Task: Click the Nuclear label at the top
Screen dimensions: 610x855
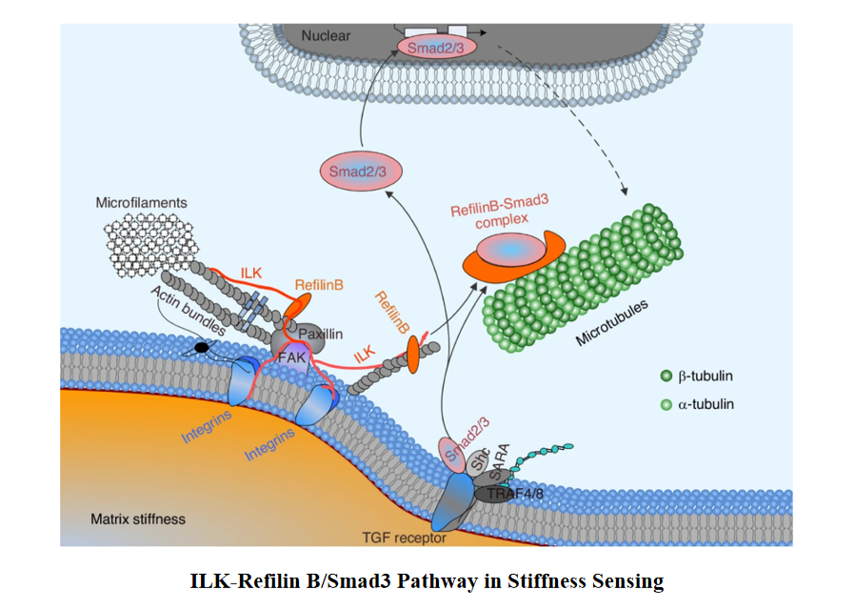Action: click(326, 36)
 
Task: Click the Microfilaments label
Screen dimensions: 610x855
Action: click(141, 203)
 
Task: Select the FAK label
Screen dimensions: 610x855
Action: click(289, 357)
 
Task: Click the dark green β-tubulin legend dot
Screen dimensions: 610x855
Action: click(666, 376)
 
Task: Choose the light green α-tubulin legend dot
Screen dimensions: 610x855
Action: click(666, 404)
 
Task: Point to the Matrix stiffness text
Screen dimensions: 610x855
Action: click(138, 519)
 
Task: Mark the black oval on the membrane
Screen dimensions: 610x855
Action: click(202, 348)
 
